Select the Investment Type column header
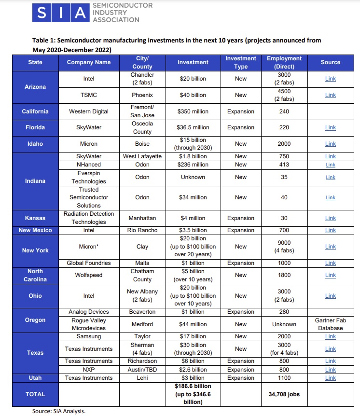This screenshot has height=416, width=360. [x=240, y=62]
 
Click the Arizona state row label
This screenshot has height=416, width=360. [x=35, y=87]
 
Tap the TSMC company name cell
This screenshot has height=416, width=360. [x=88, y=95]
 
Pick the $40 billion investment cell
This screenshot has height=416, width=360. [x=193, y=95]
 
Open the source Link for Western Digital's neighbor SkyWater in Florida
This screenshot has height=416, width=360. [x=330, y=127]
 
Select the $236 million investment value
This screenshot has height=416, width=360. [x=193, y=165]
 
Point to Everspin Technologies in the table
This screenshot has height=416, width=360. [x=88, y=177]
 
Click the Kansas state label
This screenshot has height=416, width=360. [x=35, y=218]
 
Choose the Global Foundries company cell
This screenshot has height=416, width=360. [x=88, y=263]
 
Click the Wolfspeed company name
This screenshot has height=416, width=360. [x=88, y=275]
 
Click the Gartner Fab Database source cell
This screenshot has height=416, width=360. [x=330, y=324]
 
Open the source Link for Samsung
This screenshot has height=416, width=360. [x=330, y=336]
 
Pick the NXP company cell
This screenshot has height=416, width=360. [x=88, y=370]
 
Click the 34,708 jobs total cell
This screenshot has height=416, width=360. [x=284, y=394]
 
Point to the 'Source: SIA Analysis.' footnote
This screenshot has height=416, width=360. [x=59, y=412]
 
